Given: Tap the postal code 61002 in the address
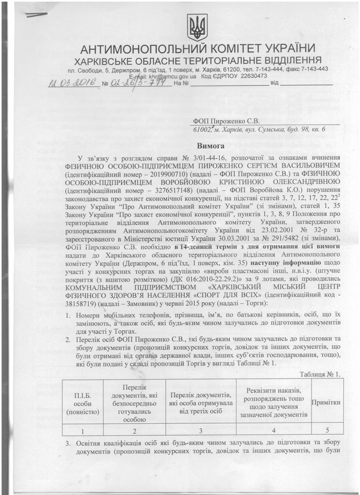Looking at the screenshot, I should click(203, 130).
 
